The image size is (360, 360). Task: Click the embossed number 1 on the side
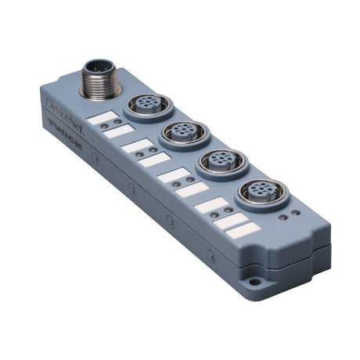pos(96,159)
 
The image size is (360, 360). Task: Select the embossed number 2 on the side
pos(132,189)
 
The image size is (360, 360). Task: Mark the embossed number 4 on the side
pos(211,255)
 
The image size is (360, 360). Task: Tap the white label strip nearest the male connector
pos(102,117)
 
